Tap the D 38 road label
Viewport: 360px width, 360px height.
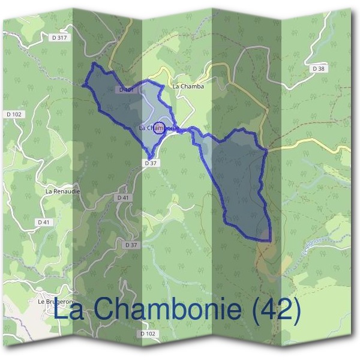319,69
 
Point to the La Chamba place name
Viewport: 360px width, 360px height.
188,86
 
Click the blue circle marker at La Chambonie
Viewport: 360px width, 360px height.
159,127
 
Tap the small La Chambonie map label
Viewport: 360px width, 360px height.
158,128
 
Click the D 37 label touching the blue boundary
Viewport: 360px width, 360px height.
151,163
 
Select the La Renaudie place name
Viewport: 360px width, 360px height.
62,191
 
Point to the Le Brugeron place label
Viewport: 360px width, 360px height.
55,301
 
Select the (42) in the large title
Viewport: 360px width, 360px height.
275,310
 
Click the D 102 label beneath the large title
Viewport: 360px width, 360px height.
147,334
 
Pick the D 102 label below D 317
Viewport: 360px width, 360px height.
14,114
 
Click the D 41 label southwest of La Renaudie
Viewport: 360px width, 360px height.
43,222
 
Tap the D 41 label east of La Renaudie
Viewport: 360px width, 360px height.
124,197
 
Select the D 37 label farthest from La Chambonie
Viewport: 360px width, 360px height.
131,245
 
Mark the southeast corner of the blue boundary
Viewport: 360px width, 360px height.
269,240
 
